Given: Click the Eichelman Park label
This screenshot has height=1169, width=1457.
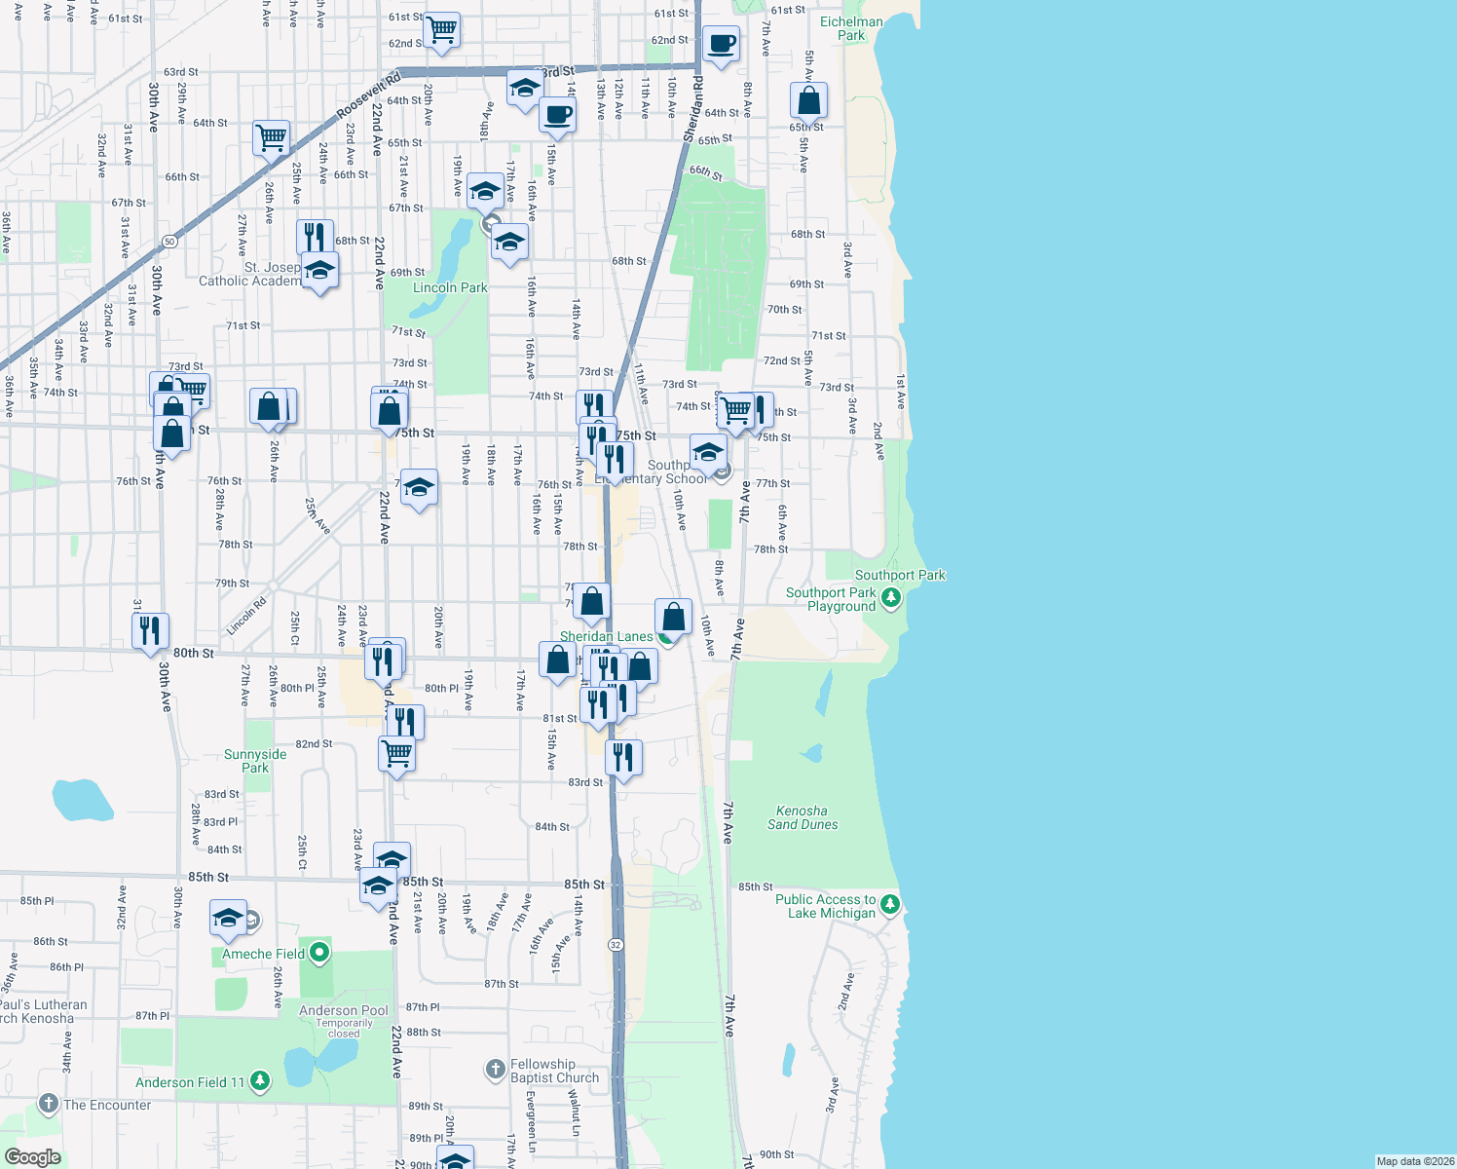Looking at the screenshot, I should click(x=851, y=28).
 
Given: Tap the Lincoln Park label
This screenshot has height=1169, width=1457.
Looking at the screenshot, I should click(x=450, y=287).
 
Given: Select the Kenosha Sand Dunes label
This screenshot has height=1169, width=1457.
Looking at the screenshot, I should click(x=803, y=817).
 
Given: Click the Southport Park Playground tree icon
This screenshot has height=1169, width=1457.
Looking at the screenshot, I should click(x=890, y=598).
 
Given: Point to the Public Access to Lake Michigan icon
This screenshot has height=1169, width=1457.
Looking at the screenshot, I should click(x=890, y=906).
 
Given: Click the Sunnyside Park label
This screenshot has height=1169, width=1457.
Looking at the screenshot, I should click(x=255, y=761).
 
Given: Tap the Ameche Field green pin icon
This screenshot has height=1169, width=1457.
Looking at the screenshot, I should click(x=318, y=953).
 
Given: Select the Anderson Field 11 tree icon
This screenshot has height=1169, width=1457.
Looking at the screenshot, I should click(x=259, y=1080).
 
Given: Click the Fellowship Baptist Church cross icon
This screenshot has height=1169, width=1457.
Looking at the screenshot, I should click(x=496, y=1070).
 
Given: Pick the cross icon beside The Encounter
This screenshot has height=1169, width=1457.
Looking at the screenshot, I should click(x=49, y=1104).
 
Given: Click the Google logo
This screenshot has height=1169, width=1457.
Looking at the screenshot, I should click(x=33, y=1157).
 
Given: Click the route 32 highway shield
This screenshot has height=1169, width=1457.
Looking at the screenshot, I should click(x=616, y=945).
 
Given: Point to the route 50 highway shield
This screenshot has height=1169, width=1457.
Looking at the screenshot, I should click(x=169, y=241).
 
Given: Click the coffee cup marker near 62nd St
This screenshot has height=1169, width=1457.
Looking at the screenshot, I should click(x=721, y=44).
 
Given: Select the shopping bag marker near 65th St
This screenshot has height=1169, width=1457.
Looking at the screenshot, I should click(x=808, y=100).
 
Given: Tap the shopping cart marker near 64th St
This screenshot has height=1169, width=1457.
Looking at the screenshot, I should click(x=271, y=137).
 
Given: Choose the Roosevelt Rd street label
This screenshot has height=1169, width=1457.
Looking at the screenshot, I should click(x=369, y=96).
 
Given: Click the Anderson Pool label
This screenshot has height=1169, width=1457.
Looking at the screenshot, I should click(x=343, y=1010).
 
